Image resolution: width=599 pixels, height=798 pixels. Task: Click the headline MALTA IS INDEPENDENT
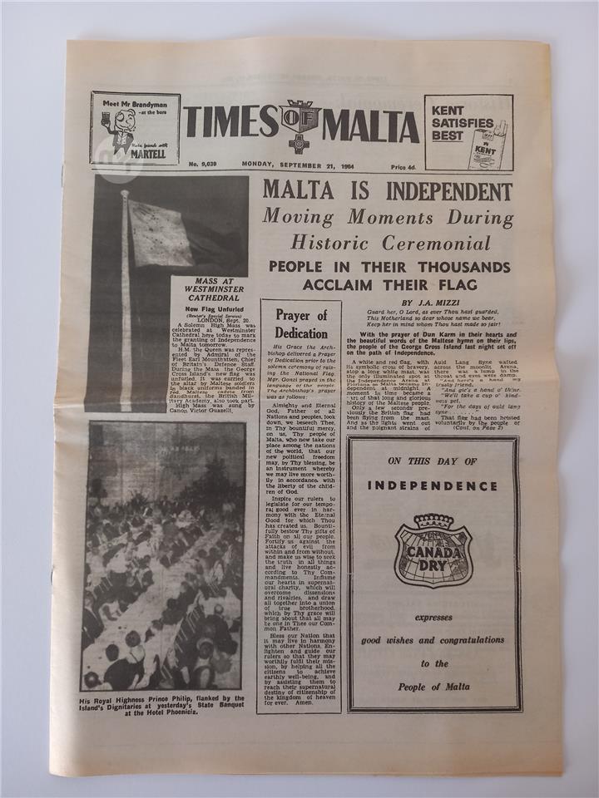pyautogui.click(x=387, y=191)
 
